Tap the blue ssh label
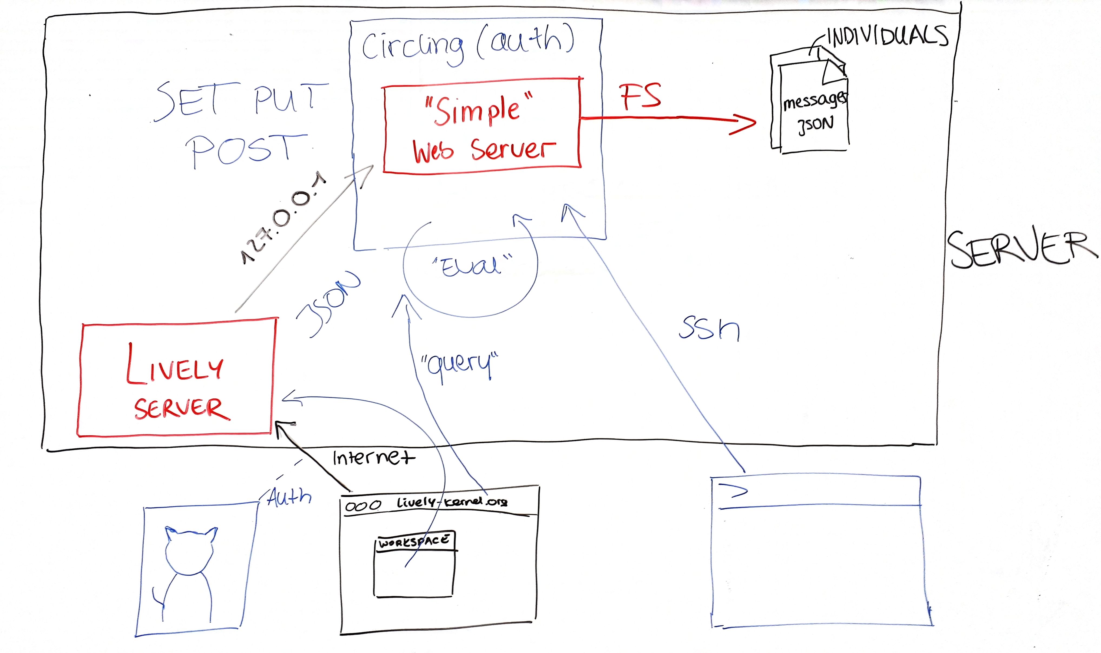(x=709, y=329)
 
